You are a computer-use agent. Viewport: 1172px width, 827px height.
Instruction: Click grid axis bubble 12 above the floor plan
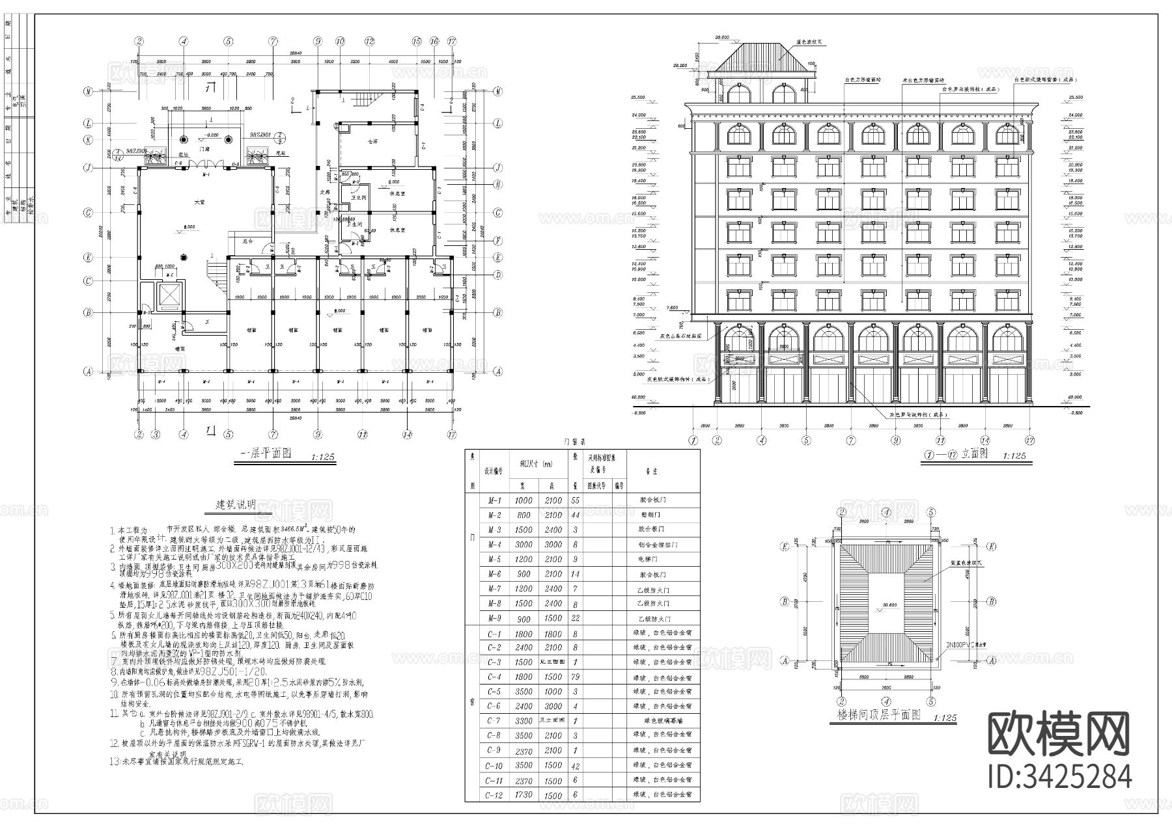(369, 41)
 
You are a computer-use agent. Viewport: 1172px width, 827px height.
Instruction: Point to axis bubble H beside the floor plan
(498, 184)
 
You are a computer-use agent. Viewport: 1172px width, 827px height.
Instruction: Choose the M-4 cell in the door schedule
(494, 545)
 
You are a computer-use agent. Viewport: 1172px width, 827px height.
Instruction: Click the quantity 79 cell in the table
(574, 677)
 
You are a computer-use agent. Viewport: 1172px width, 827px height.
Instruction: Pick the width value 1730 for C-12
(523, 795)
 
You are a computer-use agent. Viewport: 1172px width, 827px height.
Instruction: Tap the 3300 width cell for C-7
(523, 721)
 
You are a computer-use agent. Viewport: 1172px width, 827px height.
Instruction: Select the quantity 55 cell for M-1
(574, 500)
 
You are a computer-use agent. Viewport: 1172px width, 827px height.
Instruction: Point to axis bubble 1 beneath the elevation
(693, 440)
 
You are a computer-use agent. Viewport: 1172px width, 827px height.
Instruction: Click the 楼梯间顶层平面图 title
(878, 715)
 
